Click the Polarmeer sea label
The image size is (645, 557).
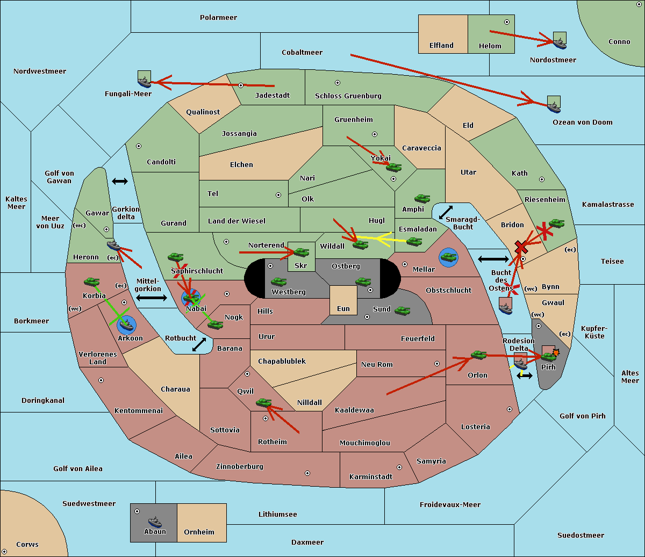(218, 18)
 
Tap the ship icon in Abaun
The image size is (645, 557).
(155, 522)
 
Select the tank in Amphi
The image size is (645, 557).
(422, 198)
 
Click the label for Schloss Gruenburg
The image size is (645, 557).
(348, 96)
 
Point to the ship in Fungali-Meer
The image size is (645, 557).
(144, 82)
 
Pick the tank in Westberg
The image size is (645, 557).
(278, 281)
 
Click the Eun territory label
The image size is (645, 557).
(343, 308)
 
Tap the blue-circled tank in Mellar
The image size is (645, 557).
(448, 257)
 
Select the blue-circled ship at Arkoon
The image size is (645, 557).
(126, 325)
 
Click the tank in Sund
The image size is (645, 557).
(402, 310)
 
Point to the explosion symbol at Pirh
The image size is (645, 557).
(556, 353)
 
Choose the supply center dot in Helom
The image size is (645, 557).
(507, 22)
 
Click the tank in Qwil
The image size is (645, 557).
(263, 402)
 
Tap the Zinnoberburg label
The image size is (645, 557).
(240, 466)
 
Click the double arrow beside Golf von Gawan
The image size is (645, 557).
(120, 181)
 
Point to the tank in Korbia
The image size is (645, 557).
(92, 282)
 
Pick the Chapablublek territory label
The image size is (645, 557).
(282, 361)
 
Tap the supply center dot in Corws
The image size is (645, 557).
(4, 552)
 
